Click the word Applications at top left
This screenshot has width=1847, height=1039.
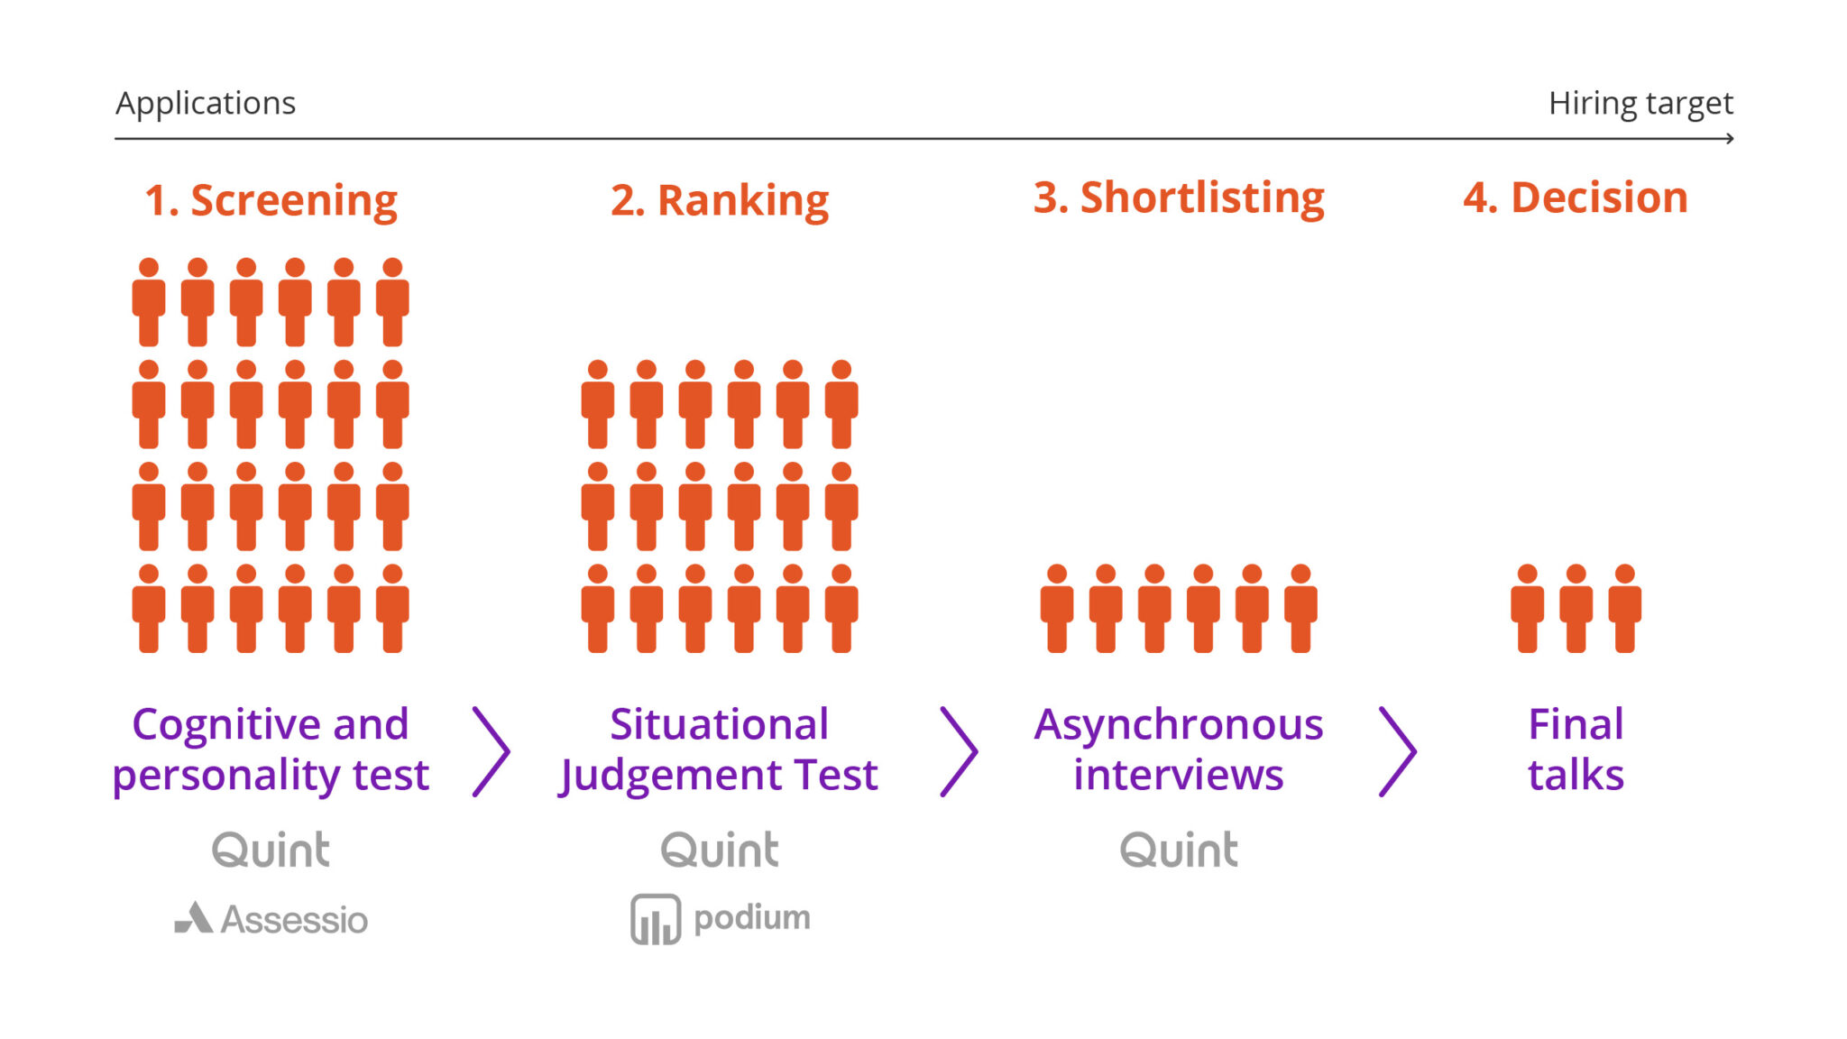(206, 104)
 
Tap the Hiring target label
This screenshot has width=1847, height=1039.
(1640, 104)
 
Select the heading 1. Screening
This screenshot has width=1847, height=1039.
(271, 200)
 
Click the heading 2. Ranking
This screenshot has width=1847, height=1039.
(720, 200)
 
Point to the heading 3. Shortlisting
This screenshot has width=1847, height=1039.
(1179, 198)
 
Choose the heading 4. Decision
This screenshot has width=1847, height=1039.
(1576, 198)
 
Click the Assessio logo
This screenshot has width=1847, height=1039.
(271, 919)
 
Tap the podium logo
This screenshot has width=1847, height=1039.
(720, 919)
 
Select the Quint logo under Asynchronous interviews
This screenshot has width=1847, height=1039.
(1179, 850)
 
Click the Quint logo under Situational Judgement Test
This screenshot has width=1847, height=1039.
(720, 850)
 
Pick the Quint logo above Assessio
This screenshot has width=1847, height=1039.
(271, 850)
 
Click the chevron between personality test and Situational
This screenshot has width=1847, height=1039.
(492, 751)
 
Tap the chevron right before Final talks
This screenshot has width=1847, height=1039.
(1398, 751)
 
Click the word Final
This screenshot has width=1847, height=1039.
(1576, 724)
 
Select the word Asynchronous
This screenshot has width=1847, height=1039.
(1179, 724)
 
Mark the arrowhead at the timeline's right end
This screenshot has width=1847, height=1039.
(1730, 139)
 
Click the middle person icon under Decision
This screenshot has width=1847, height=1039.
(1576, 609)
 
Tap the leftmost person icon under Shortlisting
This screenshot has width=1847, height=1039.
(1057, 609)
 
